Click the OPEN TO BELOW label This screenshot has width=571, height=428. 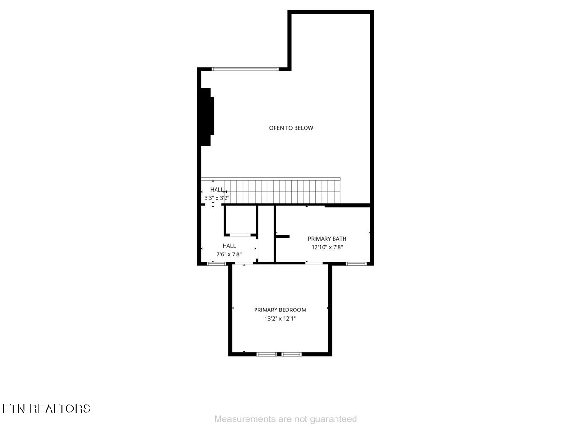(291, 128)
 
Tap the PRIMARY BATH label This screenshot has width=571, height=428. (327, 239)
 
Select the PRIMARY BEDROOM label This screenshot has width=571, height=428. (280, 310)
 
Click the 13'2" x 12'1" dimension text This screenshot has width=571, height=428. (280, 319)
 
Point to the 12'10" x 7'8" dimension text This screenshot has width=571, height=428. (327, 247)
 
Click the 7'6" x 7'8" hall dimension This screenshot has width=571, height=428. (229, 254)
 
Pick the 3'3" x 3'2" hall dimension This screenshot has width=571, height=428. (217, 197)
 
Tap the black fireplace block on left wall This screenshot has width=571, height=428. (207, 117)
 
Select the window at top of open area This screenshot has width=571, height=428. (245, 69)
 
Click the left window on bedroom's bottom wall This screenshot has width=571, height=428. (266, 354)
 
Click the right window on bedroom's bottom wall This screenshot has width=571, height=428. (291, 354)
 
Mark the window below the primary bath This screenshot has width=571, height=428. (356, 263)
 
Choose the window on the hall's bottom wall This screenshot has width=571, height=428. (217, 263)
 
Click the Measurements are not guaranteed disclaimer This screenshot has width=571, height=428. (285, 419)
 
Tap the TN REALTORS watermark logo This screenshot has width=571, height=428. (46, 409)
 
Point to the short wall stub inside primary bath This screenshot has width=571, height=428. (283, 236)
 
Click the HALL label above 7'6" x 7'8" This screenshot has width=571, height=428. (229, 246)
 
